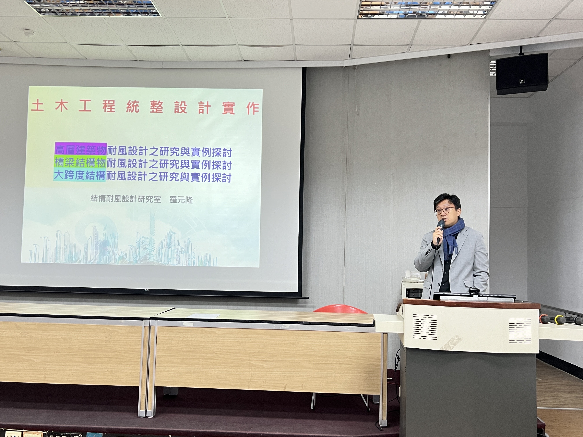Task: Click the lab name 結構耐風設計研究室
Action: [x=126, y=198]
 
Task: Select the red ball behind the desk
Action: [x=340, y=309]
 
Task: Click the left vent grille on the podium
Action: [x=425, y=327]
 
